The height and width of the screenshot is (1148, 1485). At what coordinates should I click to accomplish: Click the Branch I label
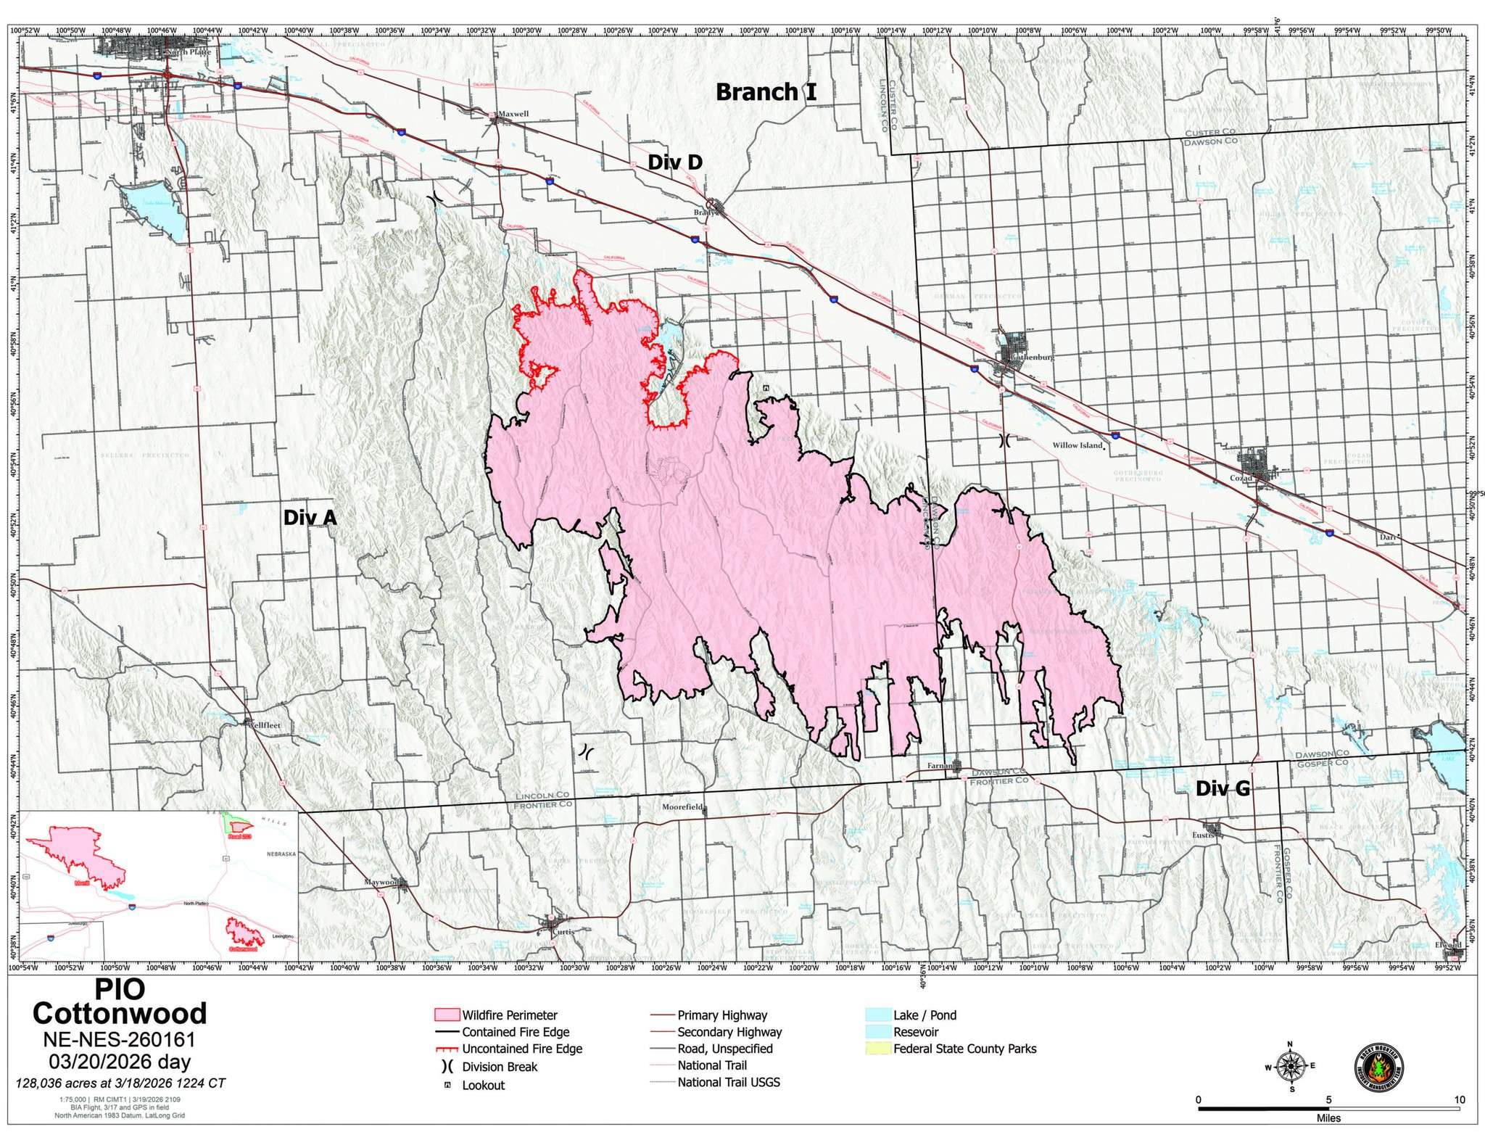(x=766, y=92)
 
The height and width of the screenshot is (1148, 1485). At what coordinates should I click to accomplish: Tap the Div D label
(x=674, y=162)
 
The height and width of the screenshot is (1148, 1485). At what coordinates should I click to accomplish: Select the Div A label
(x=310, y=517)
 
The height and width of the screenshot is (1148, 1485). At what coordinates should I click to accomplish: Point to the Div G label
(x=1223, y=809)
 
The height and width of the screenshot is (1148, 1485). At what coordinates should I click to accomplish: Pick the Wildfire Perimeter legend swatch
(x=445, y=1015)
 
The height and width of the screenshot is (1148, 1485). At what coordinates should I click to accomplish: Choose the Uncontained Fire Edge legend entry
(x=522, y=1049)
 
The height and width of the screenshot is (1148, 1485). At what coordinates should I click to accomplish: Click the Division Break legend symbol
(x=447, y=1067)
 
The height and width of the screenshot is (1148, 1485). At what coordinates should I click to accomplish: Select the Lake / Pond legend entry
(x=924, y=1015)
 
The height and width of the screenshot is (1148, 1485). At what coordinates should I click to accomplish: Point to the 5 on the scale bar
(x=1328, y=1099)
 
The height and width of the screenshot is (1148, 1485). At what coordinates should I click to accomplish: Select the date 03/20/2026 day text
(x=120, y=1062)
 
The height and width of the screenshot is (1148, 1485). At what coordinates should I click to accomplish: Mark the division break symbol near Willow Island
(x=1005, y=439)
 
